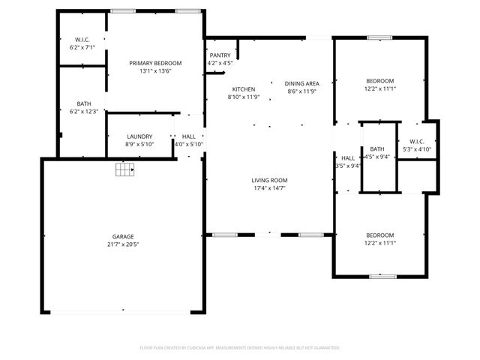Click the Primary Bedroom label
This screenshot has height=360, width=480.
[x=155, y=63]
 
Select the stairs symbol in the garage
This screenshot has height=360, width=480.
[x=124, y=170]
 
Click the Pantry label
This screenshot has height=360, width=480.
[x=220, y=55]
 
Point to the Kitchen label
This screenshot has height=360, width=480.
[x=243, y=88]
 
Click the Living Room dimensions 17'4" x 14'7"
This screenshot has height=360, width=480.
[x=269, y=188]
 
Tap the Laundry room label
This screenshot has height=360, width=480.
[x=139, y=136]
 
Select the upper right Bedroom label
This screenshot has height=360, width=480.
[x=379, y=80]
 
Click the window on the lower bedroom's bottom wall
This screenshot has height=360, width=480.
[x=382, y=276]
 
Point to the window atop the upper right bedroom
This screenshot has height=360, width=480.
[x=379, y=37]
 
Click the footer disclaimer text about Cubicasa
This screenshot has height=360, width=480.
[x=240, y=347]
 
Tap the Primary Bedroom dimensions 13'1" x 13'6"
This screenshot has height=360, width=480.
[x=155, y=71]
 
